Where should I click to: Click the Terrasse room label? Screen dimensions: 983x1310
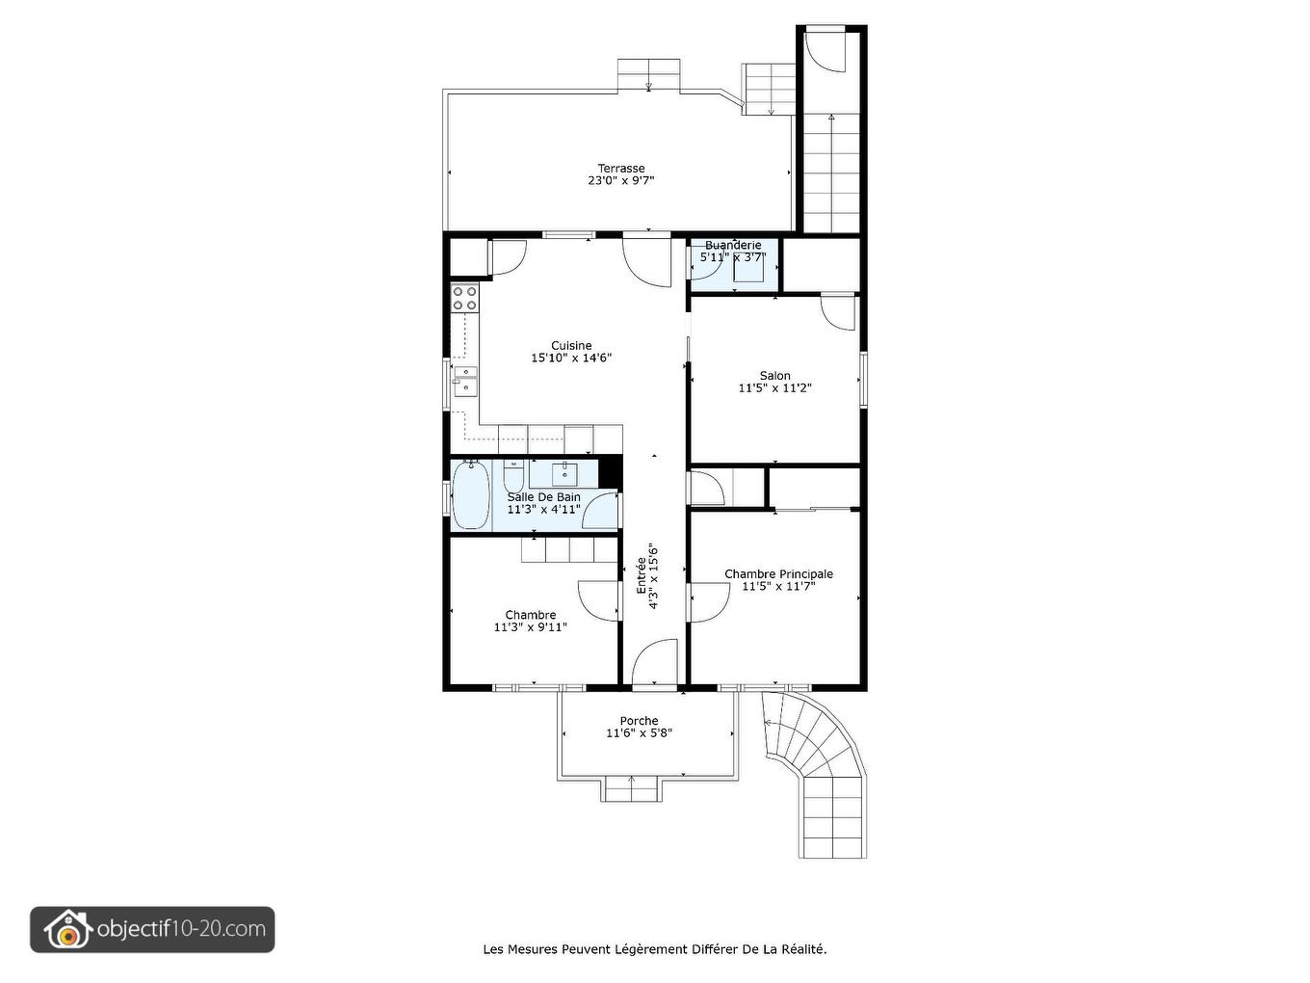coord(620,168)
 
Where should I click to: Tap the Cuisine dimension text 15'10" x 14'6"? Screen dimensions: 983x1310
coord(571,359)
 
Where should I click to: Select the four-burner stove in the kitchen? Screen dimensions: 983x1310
coord(465,298)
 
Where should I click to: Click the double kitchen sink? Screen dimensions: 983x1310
coord(465,381)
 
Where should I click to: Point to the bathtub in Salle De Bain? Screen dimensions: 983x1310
coord(471,495)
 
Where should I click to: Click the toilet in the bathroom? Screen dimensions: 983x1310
coord(513,477)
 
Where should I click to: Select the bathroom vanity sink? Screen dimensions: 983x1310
coord(563,473)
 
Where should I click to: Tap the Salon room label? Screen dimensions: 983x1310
coord(774,376)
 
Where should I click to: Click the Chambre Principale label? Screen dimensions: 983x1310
coord(778,573)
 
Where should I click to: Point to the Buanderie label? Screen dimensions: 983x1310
coord(733,246)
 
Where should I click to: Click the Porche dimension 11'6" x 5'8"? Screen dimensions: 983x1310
coord(639,733)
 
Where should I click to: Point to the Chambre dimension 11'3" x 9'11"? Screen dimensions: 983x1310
coord(530,627)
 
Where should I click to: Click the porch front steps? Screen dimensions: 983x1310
coord(631,789)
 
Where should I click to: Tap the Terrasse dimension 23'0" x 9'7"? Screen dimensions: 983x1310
coord(620,180)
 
